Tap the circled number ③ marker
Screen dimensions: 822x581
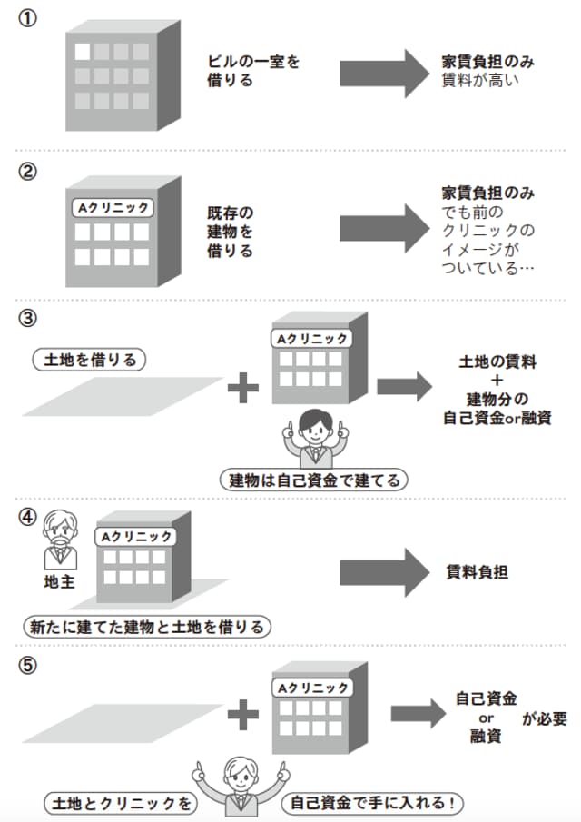coord(28,320)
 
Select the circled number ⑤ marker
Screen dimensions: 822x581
coord(28,666)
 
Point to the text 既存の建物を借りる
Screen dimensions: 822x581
coord(230,233)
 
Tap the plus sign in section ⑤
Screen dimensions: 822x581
coord(242,716)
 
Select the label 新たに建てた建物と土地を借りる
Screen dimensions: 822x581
coord(148,626)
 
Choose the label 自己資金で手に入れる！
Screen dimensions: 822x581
coord(373,803)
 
